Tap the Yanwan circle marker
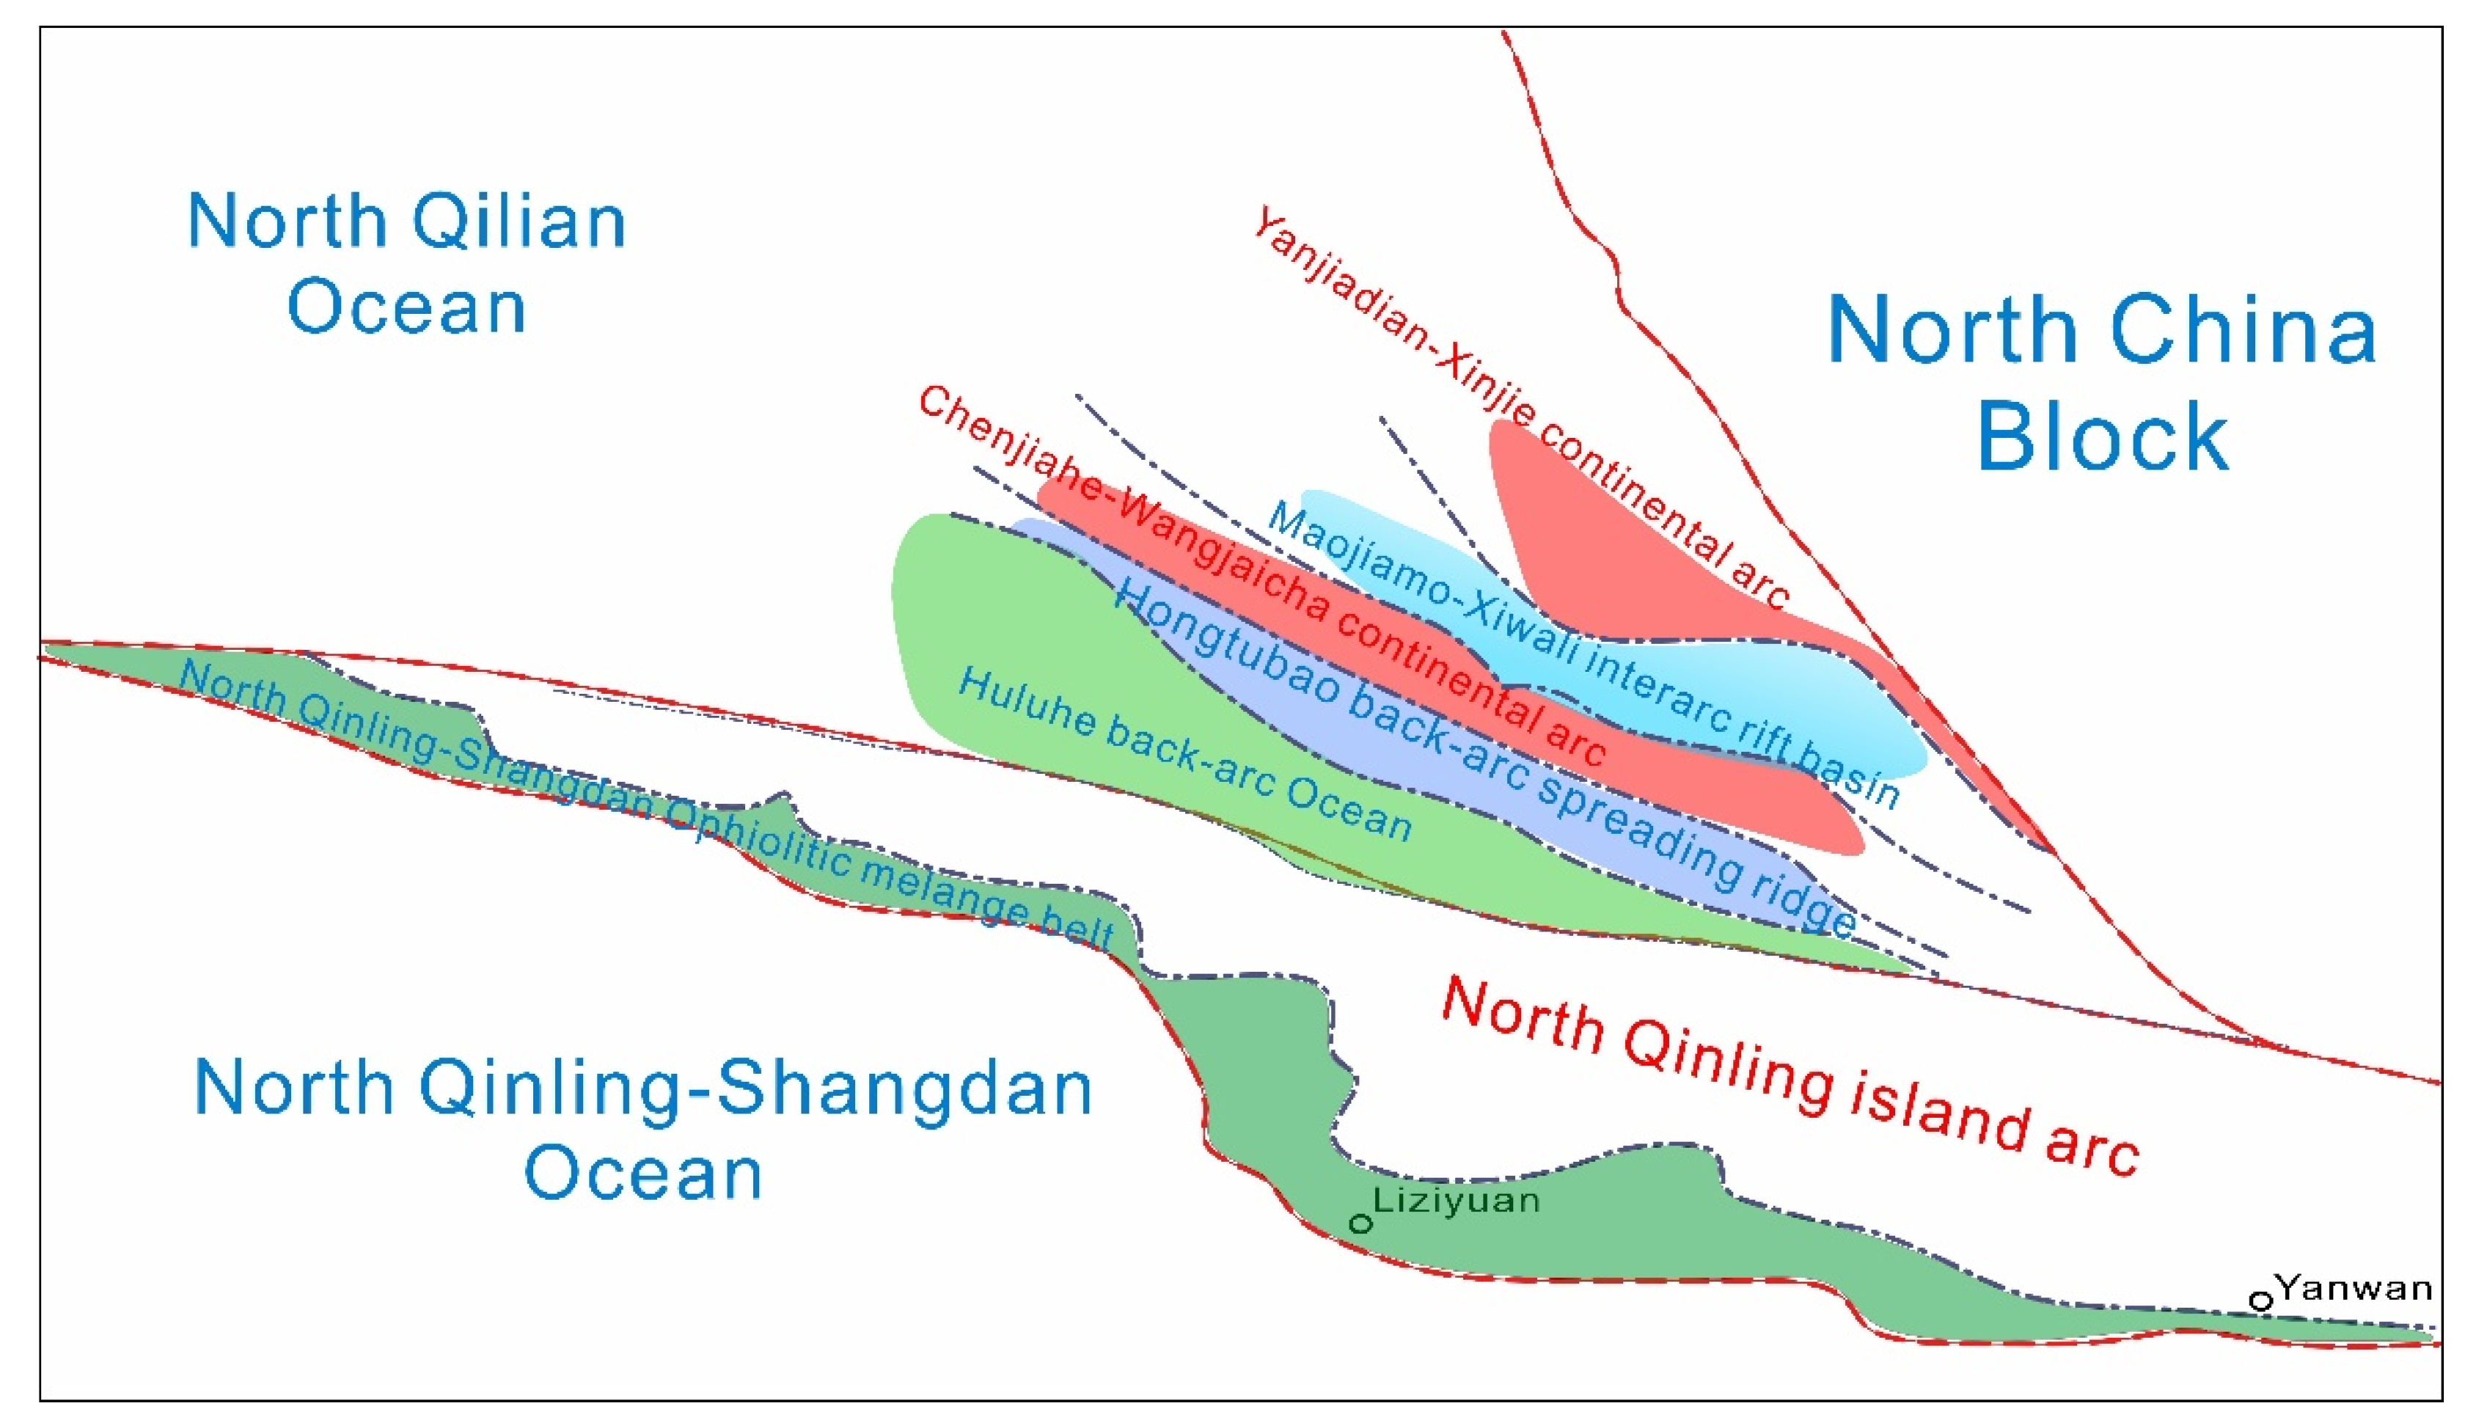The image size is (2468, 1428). [x=2260, y=1300]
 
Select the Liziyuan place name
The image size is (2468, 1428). [x=1457, y=1200]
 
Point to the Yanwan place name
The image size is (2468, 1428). [x=2354, y=1287]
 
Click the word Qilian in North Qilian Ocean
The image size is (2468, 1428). [x=518, y=221]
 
